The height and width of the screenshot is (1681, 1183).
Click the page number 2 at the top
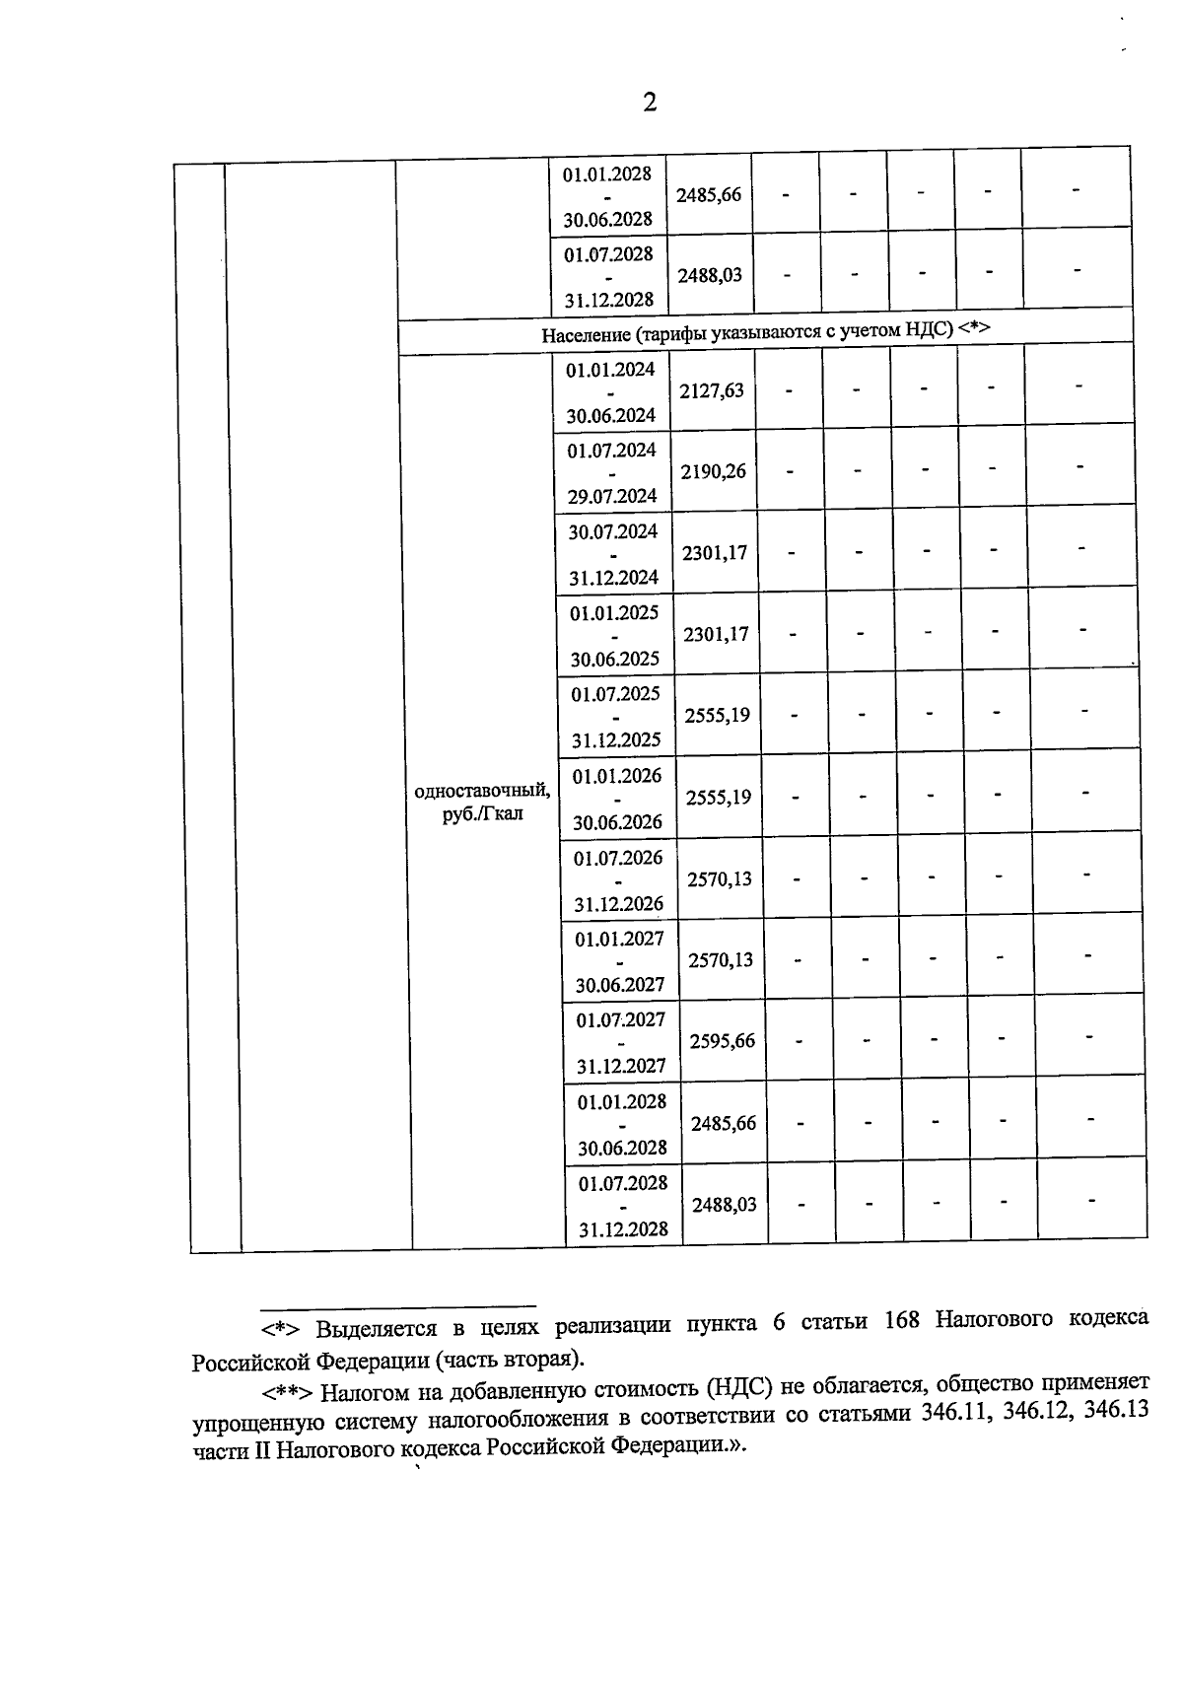[649, 103]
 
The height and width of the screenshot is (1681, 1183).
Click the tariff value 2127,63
[712, 390]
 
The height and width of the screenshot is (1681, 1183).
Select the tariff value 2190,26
[714, 471]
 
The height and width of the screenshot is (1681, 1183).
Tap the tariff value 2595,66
[722, 1041]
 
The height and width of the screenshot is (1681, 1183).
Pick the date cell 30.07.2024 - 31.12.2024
[613, 554]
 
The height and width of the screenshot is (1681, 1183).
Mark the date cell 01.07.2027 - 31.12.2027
[621, 1042]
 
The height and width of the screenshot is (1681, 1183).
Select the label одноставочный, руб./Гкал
[483, 802]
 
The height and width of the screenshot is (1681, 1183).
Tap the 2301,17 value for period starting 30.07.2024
[715, 553]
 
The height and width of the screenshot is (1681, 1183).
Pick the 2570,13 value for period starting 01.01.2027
[721, 959]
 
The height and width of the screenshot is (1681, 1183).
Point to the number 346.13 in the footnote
[1116, 1410]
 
